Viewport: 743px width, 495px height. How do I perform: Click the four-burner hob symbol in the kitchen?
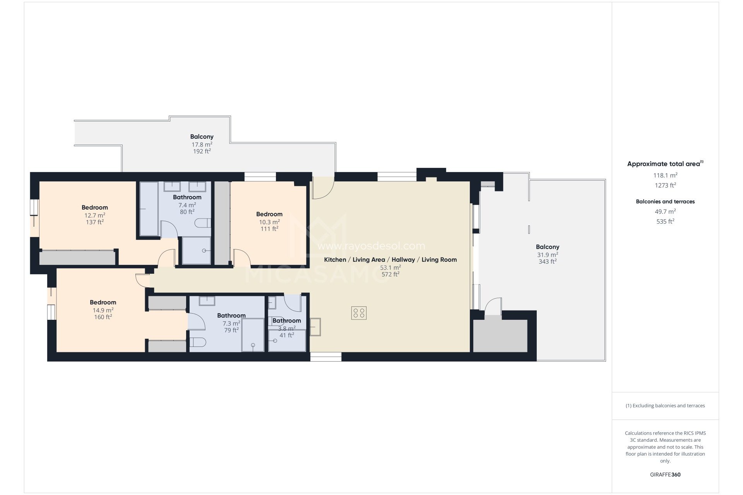point(359,313)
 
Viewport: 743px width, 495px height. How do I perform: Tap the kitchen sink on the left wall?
point(315,327)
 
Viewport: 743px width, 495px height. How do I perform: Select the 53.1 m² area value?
point(390,268)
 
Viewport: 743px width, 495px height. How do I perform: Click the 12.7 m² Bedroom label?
point(94,208)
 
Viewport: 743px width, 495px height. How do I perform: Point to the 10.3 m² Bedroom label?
point(269,214)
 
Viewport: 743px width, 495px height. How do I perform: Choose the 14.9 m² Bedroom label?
point(103,302)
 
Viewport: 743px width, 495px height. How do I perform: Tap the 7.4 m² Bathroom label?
point(187,197)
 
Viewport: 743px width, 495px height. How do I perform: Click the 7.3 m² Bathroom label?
point(231,316)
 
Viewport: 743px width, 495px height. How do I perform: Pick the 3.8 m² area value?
point(286,329)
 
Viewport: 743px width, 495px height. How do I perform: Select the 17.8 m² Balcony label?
point(202,137)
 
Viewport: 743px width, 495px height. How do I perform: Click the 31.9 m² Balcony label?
point(547,247)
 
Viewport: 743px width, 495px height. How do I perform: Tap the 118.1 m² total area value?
point(665,175)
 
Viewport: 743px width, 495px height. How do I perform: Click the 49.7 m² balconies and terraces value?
point(665,212)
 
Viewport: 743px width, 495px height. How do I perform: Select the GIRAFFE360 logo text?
point(665,475)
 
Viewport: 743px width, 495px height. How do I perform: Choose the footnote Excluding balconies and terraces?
point(665,406)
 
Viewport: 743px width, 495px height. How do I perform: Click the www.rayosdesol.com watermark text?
point(371,246)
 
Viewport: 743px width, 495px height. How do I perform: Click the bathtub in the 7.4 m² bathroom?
point(149,209)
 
